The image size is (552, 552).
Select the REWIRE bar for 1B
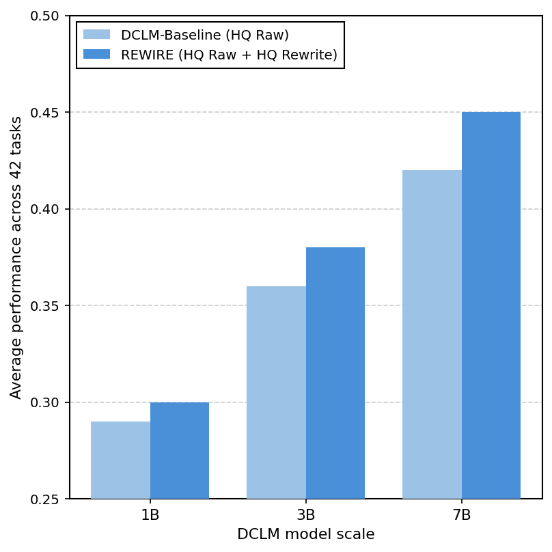pos(180,450)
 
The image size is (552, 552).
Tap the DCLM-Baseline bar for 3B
pos(276,392)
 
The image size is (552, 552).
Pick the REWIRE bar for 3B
pos(335,373)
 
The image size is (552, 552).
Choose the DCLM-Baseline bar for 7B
pos(432,334)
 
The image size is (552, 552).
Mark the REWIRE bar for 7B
pos(491,305)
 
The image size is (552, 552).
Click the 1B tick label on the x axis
pos(150,515)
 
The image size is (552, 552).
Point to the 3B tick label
pos(306,515)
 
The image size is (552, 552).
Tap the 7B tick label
pos(462,515)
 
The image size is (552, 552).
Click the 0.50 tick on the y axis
pos(45,16)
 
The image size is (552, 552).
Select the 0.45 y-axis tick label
pos(45,112)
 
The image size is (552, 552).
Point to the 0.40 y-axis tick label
pos(45,209)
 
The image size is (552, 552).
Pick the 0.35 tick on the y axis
pos(45,305)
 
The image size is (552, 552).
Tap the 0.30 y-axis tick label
pos(45,402)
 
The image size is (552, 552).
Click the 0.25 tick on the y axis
pos(45,499)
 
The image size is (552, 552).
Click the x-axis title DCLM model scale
pos(306,534)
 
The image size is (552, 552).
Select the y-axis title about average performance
pos(16,257)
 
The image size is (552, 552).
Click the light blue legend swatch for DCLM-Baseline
pos(96,35)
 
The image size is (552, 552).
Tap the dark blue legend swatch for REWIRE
pos(96,55)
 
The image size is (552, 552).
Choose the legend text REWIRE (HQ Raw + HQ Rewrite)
pos(229,55)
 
